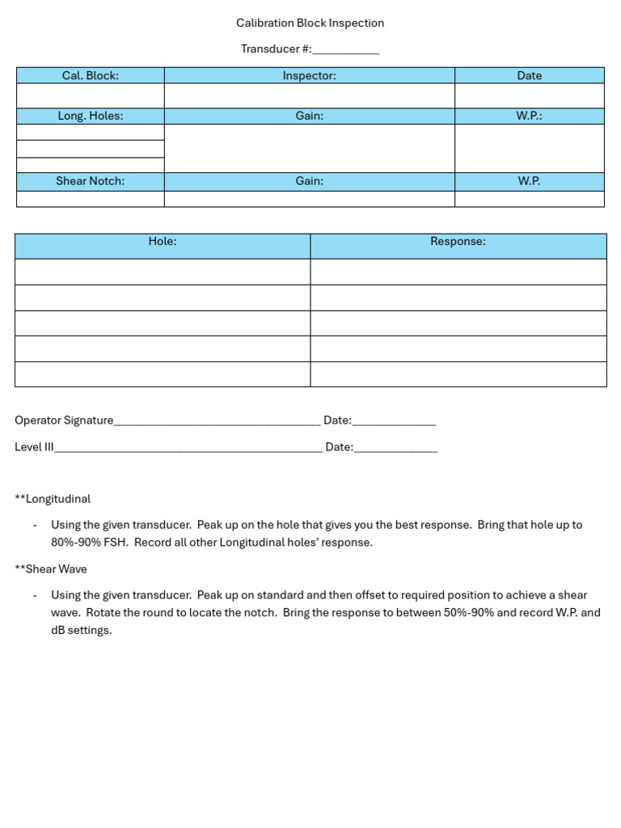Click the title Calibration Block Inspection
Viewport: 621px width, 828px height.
(x=310, y=23)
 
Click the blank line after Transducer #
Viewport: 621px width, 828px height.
(x=345, y=49)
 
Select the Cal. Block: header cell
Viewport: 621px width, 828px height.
(x=91, y=75)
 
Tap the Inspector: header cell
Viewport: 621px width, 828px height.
(x=309, y=75)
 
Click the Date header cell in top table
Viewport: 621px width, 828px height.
(x=529, y=75)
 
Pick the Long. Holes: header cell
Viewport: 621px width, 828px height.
(x=91, y=116)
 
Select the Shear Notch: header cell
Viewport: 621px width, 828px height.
(x=91, y=181)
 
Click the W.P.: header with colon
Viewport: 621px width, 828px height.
(x=529, y=116)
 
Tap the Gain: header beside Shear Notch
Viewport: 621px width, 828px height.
(x=309, y=181)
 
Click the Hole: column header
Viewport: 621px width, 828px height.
(x=163, y=242)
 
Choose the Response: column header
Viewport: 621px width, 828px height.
(x=458, y=242)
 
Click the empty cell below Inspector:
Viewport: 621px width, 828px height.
(x=309, y=95)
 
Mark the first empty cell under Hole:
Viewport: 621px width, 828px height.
(x=163, y=272)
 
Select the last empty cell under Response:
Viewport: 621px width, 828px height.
(x=458, y=374)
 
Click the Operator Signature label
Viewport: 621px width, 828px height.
(x=64, y=420)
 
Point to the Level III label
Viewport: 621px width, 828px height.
(x=34, y=447)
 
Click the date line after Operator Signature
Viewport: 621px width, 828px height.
(x=394, y=421)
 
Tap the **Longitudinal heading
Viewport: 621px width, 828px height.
(x=53, y=499)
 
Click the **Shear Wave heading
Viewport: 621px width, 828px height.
(x=51, y=569)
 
